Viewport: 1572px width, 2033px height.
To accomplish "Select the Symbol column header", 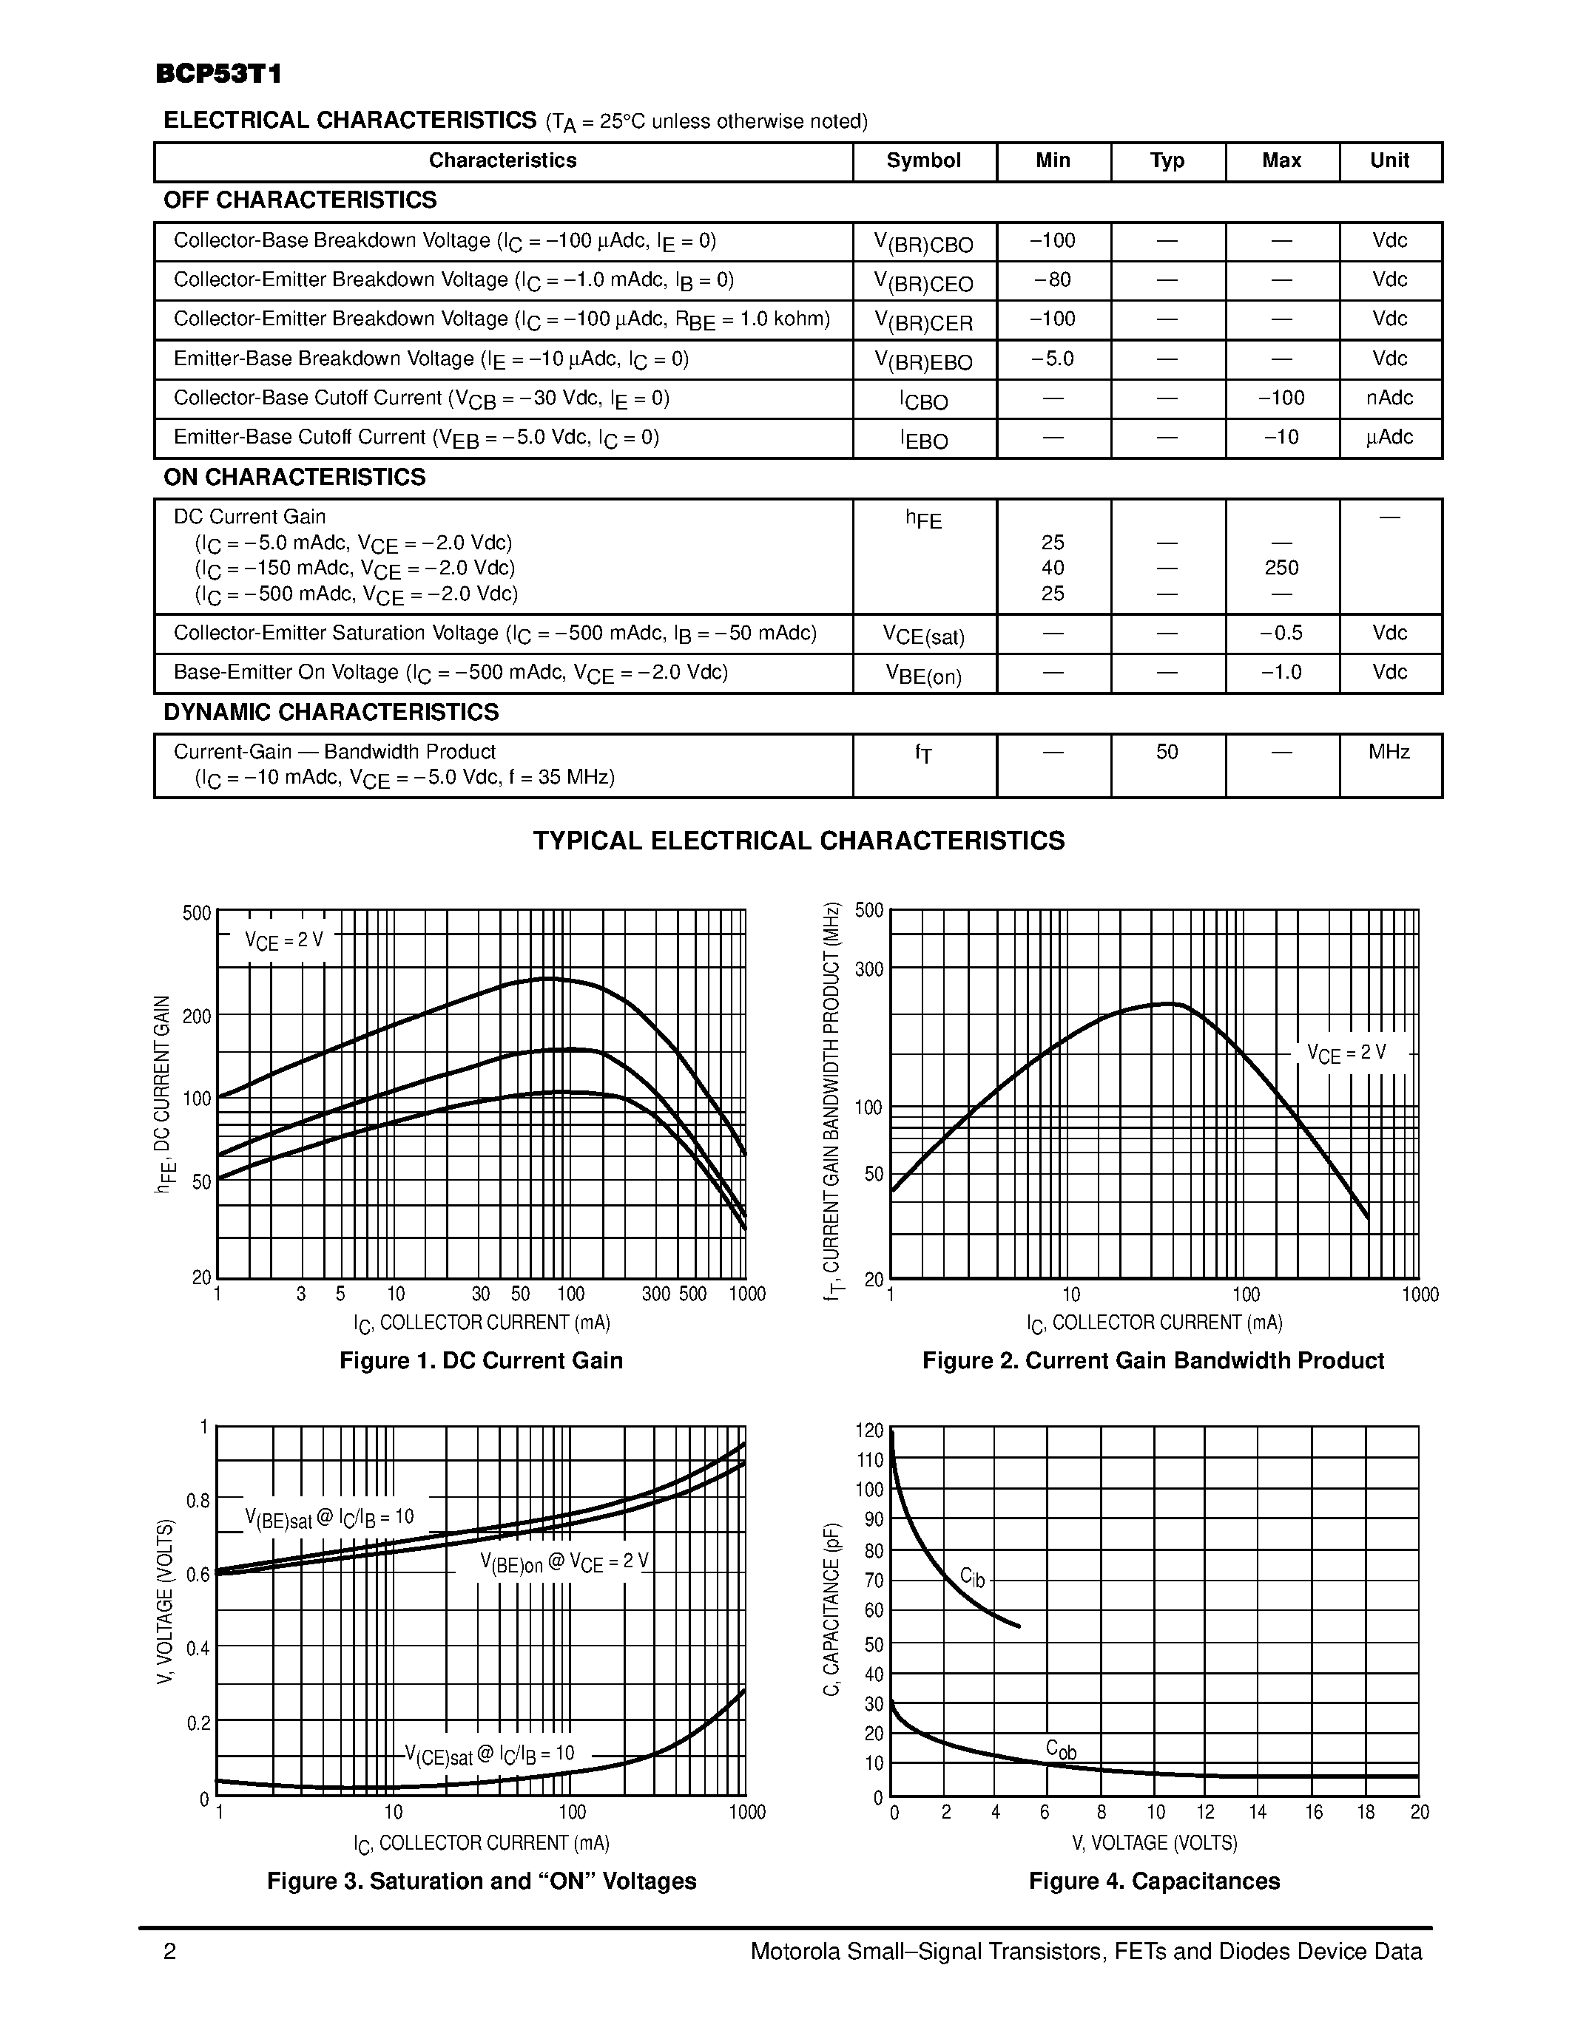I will click(x=923, y=161).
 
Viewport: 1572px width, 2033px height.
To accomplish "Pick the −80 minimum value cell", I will click(x=1053, y=280).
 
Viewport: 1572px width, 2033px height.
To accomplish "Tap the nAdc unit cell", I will click(x=1389, y=398).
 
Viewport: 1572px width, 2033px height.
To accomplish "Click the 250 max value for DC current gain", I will click(x=1281, y=568).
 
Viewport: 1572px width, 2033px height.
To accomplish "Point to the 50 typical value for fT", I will click(x=1167, y=752).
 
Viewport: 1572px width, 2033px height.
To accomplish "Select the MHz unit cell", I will click(x=1389, y=752).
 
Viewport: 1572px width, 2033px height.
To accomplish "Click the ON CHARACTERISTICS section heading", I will click(x=294, y=478).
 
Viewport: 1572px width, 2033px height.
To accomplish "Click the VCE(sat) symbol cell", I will click(x=923, y=636).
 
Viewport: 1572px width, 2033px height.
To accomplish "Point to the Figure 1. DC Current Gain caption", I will click(x=481, y=1361).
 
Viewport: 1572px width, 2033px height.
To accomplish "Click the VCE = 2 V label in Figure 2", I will click(x=1346, y=1053).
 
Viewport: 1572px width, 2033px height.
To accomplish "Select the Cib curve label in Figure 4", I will click(x=971, y=1577).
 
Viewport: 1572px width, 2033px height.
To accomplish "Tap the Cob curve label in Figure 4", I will click(x=1061, y=1749).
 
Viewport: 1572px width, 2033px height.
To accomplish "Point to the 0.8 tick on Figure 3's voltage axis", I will click(x=198, y=1501).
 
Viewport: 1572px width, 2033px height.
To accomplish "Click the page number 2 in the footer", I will click(x=169, y=1951).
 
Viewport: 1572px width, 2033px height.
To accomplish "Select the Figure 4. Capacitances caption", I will click(x=1154, y=1881).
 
